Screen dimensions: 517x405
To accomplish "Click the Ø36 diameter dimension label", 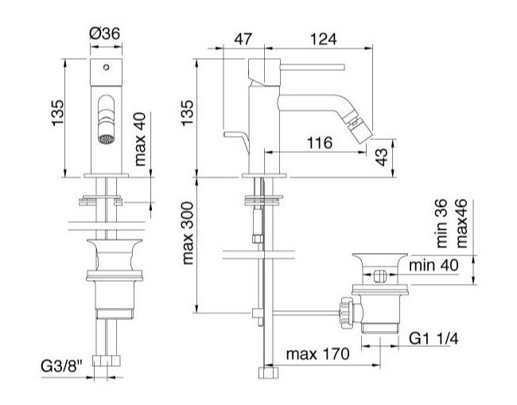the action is coord(105,33).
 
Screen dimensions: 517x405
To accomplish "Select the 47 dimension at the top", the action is coord(243,39).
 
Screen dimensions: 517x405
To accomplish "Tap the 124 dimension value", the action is coord(324,39).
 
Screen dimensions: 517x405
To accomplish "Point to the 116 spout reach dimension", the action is coord(320,143).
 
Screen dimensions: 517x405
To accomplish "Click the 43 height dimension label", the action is coord(382,157).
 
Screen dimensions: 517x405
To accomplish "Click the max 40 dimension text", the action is coord(140,139).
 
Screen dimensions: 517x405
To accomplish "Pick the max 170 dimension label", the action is coord(317,354).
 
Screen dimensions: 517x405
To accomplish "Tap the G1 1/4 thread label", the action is coord(433,338).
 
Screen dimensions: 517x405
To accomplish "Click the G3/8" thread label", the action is coord(62,366).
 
